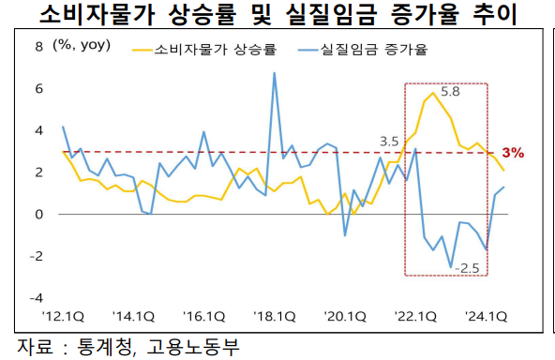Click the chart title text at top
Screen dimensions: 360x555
pyautogui.click(x=277, y=16)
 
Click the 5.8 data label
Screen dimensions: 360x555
pyautogui.click(x=450, y=93)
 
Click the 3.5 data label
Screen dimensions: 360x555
pyautogui.click(x=389, y=142)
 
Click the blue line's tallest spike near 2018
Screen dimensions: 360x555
pyautogui.click(x=274, y=73)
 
